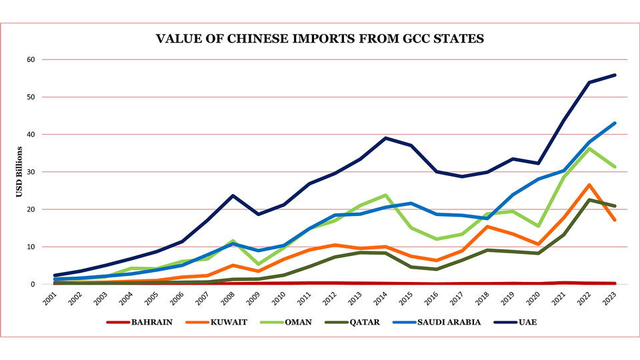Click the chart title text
point(320,39)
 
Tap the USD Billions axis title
point(19,172)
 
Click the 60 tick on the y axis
point(30,59)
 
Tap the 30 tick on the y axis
point(30,172)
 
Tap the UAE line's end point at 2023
point(615,75)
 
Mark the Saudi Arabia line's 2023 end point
point(615,123)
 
